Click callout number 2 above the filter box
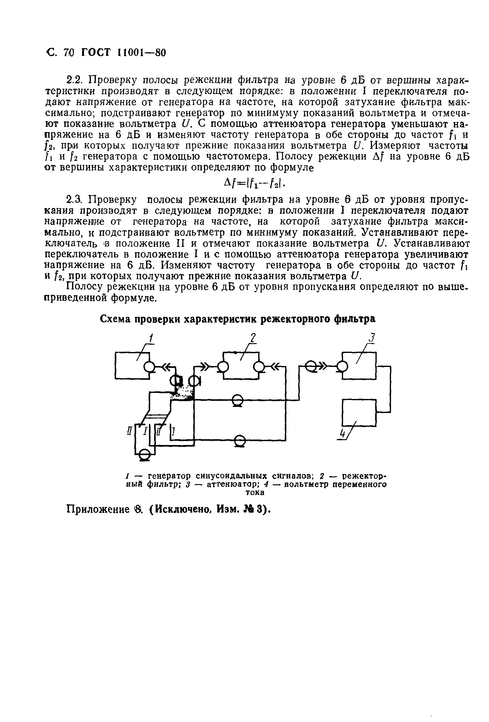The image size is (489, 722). [x=253, y=338]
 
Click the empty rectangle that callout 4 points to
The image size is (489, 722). [x=359, y=413]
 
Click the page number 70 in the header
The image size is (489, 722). [x=68, y=53]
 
